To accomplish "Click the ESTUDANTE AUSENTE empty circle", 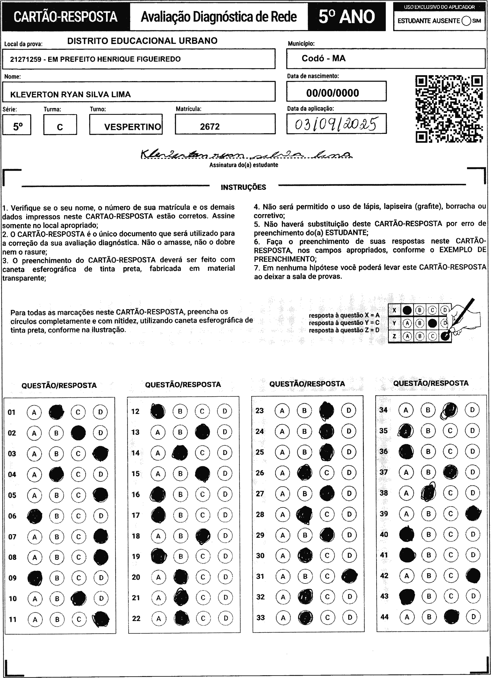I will pos(466,21).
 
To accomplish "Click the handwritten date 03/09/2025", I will pos(336,124).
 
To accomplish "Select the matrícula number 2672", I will pos(210,127).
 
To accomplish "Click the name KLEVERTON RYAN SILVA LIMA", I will pos(71,94).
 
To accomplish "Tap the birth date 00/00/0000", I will pos(332,93).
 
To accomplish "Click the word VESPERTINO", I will pos(132,127).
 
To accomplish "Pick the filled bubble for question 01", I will pos(56,412).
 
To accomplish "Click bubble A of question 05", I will pos(34,495).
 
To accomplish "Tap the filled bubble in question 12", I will pos(158,411).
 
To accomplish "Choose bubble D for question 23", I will pos(349,410).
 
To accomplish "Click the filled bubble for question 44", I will pos(451,616).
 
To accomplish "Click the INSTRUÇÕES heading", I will pos(243,187).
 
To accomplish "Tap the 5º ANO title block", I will pos(347,17).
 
